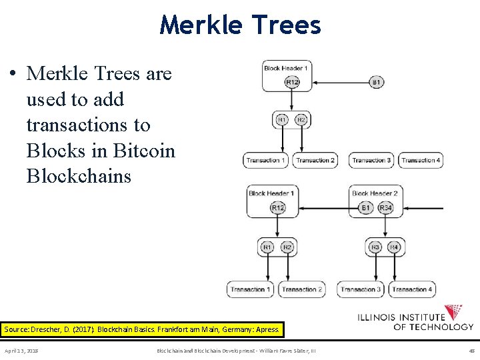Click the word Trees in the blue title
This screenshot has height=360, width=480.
[287, 25]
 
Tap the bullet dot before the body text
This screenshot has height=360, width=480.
[13, 74]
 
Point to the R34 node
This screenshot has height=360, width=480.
[385, 208]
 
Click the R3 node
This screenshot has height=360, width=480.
[375, 247]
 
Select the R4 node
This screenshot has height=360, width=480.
[394, 247]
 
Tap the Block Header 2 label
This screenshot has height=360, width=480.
[375, 193]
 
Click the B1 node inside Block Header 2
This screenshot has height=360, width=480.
[365, 208]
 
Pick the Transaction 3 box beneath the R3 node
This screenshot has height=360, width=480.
[361, 289]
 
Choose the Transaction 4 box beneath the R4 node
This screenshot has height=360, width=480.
[412, 289]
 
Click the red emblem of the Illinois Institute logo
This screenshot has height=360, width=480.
[453, 312]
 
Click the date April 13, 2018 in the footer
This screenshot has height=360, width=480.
[21, 350]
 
